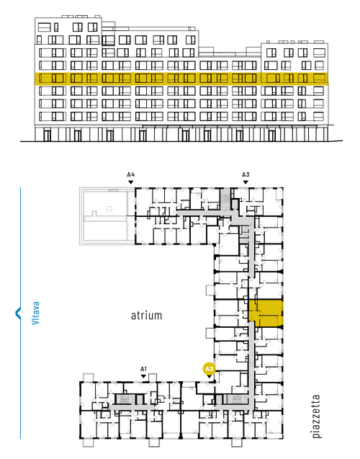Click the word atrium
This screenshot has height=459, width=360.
[x=146, y=316]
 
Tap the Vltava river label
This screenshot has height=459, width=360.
[x=35, y=313]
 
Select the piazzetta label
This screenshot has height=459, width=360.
[x=316, y=416]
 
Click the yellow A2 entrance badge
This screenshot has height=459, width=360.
[x=210, y=369]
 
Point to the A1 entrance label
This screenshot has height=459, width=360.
[x=143, y=369]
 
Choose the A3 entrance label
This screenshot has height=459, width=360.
[x=246, y=175]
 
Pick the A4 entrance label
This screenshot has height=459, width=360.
[x=131, y=175]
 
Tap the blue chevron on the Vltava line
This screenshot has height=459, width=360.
[x=18, y=313]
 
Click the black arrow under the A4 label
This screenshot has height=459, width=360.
[x=131, y=182]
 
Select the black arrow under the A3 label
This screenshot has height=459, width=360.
[x=246, y=182]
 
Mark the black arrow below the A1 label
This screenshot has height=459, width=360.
[x=143, y=376]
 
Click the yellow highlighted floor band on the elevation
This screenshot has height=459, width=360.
[x=181, y=79]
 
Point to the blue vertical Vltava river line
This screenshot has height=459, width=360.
[x=20, y=313]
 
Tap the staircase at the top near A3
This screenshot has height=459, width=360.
[x=225, y=198]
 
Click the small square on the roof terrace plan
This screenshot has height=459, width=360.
[x=109, y=208]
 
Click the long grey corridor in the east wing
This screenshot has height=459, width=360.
[x=251, y=363]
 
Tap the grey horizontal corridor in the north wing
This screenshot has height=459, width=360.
[x=204, y=213]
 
